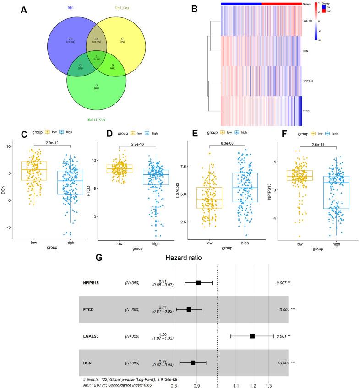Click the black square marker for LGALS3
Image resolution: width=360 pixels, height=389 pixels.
[x=252, y=336]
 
